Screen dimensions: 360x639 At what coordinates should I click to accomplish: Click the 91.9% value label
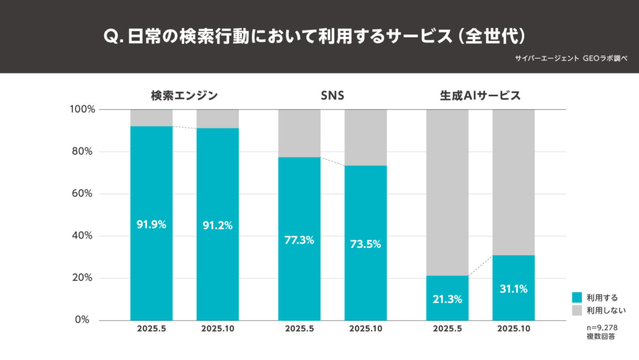pyautogui.click(x=151, y=225)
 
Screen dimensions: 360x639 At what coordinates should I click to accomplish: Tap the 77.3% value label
pyautogui.click(x=299, y=240)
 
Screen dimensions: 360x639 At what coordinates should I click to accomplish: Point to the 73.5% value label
pyautogui.click(x=365, y=244)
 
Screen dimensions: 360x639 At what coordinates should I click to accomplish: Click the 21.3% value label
pyautogui.click(x=447, y=299)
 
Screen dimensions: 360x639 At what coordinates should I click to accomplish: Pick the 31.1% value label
pyautogui.click(x=513, y=289)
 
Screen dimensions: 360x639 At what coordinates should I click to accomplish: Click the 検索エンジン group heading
pyautogui.click(x=184, y=95)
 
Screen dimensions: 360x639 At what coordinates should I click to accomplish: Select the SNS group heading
pyautogui.click(x=332, y=95)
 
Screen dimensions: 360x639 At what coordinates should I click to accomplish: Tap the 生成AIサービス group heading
pyautogui.click(x=480, y=95)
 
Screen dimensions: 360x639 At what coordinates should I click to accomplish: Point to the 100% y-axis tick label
pyautogui.click(x=82, y=109)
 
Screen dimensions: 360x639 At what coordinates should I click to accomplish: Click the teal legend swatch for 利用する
pyautogui.click(x=577, y=298)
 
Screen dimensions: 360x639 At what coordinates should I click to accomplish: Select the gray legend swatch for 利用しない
pyautogui.click(x=577, y=309)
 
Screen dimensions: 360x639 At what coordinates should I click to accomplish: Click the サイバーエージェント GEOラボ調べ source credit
pyautogui.click(x=571, y=57)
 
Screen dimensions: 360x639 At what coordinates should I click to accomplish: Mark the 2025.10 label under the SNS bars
pyautogui.click(x=365, y=329)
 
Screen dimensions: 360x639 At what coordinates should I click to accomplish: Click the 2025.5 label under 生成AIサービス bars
pyautogui.click(x=447, y=329)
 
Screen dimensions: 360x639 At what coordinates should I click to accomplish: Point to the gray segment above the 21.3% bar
pyautogui.click(x=447, y=192)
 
